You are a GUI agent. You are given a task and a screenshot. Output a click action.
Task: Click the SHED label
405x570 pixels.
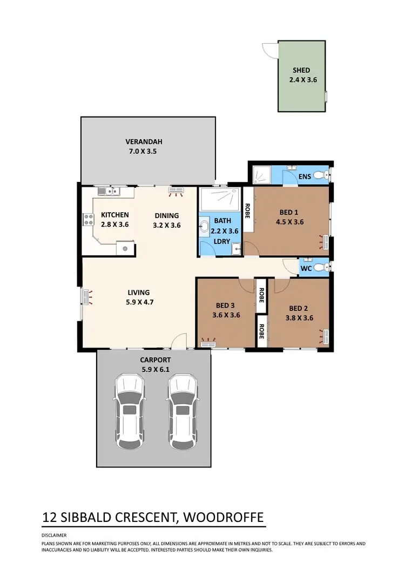301,70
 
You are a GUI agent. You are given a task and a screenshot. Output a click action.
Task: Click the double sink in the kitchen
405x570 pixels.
109,190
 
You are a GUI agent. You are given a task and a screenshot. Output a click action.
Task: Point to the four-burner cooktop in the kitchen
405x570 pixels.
87,219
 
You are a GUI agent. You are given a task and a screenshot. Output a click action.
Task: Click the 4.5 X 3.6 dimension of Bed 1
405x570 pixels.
290,221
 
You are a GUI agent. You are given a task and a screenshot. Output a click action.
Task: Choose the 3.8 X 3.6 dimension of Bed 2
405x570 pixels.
300,318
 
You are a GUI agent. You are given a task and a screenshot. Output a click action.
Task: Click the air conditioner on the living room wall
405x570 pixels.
86,297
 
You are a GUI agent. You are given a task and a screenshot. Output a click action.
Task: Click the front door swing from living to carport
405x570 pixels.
179,341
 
